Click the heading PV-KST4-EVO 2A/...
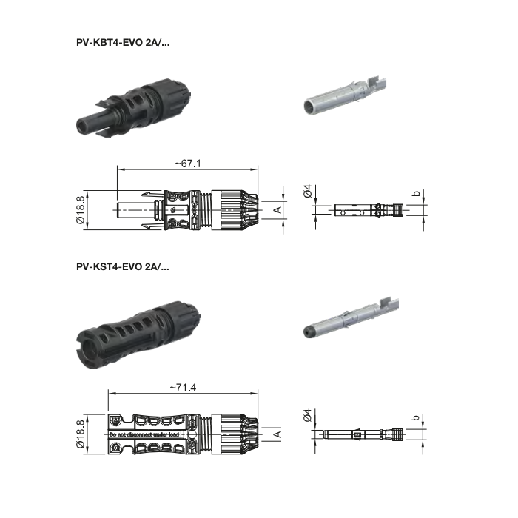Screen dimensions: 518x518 (122, 265)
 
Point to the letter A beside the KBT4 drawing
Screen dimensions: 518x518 (277, 210)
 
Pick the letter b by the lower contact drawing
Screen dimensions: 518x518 (416, 418)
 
